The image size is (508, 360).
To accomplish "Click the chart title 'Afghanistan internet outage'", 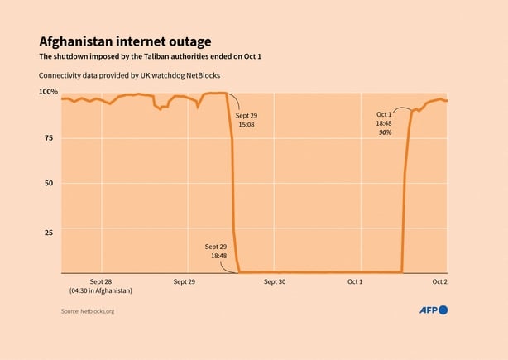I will tap(124, 41).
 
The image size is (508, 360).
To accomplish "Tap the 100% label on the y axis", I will tap(48, 91).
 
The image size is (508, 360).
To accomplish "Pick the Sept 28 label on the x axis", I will tap(101, 281).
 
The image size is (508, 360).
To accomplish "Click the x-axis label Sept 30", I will tap(274, 281).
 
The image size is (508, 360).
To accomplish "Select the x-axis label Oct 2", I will tap(440, 281).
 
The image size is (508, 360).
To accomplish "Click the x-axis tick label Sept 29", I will tap(185, 281).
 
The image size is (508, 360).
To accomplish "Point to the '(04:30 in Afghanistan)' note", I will tap(101, 291).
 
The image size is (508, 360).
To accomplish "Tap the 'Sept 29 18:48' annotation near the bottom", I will tap(216, 252).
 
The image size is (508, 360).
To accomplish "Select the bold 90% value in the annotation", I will tap(385, 132).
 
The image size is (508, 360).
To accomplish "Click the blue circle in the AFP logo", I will tap(443, 310).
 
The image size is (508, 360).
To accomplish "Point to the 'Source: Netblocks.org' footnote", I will tap(87, 311).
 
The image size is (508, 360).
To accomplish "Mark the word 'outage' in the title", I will tap(188, 41).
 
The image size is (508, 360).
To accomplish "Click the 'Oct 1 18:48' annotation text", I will tap(384, 118).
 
